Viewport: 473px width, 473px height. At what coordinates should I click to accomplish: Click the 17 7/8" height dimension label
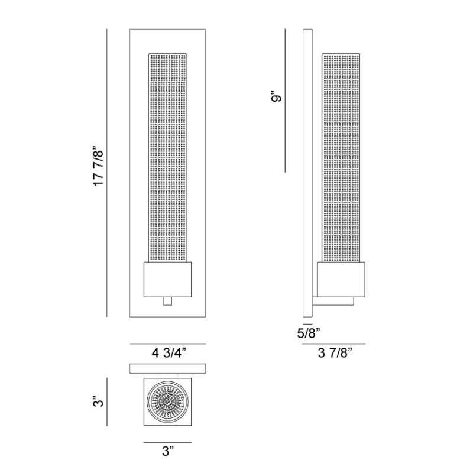(99, 168)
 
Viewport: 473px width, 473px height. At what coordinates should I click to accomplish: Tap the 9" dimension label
(273, 98)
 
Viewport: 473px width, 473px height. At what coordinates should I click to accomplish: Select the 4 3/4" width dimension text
(169, 354)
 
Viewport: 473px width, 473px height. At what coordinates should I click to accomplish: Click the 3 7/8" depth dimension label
(335, 354)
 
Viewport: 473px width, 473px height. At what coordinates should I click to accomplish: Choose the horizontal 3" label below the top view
(168, 452)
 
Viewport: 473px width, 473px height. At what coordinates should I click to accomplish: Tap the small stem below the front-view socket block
(167, 301)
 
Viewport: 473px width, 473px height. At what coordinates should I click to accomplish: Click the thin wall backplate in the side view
(307, 171)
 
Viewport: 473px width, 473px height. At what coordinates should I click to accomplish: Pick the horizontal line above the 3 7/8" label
(334, 344)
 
